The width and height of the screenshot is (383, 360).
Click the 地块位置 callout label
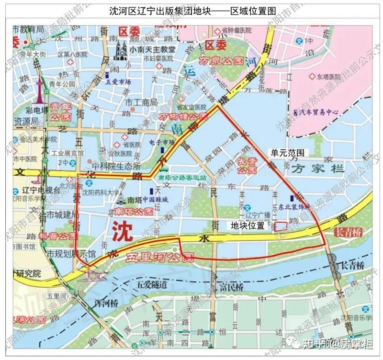pyautogui.click(x=248, y=225)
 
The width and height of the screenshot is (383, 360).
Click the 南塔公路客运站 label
pyautogui.click(x=184, y=178)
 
